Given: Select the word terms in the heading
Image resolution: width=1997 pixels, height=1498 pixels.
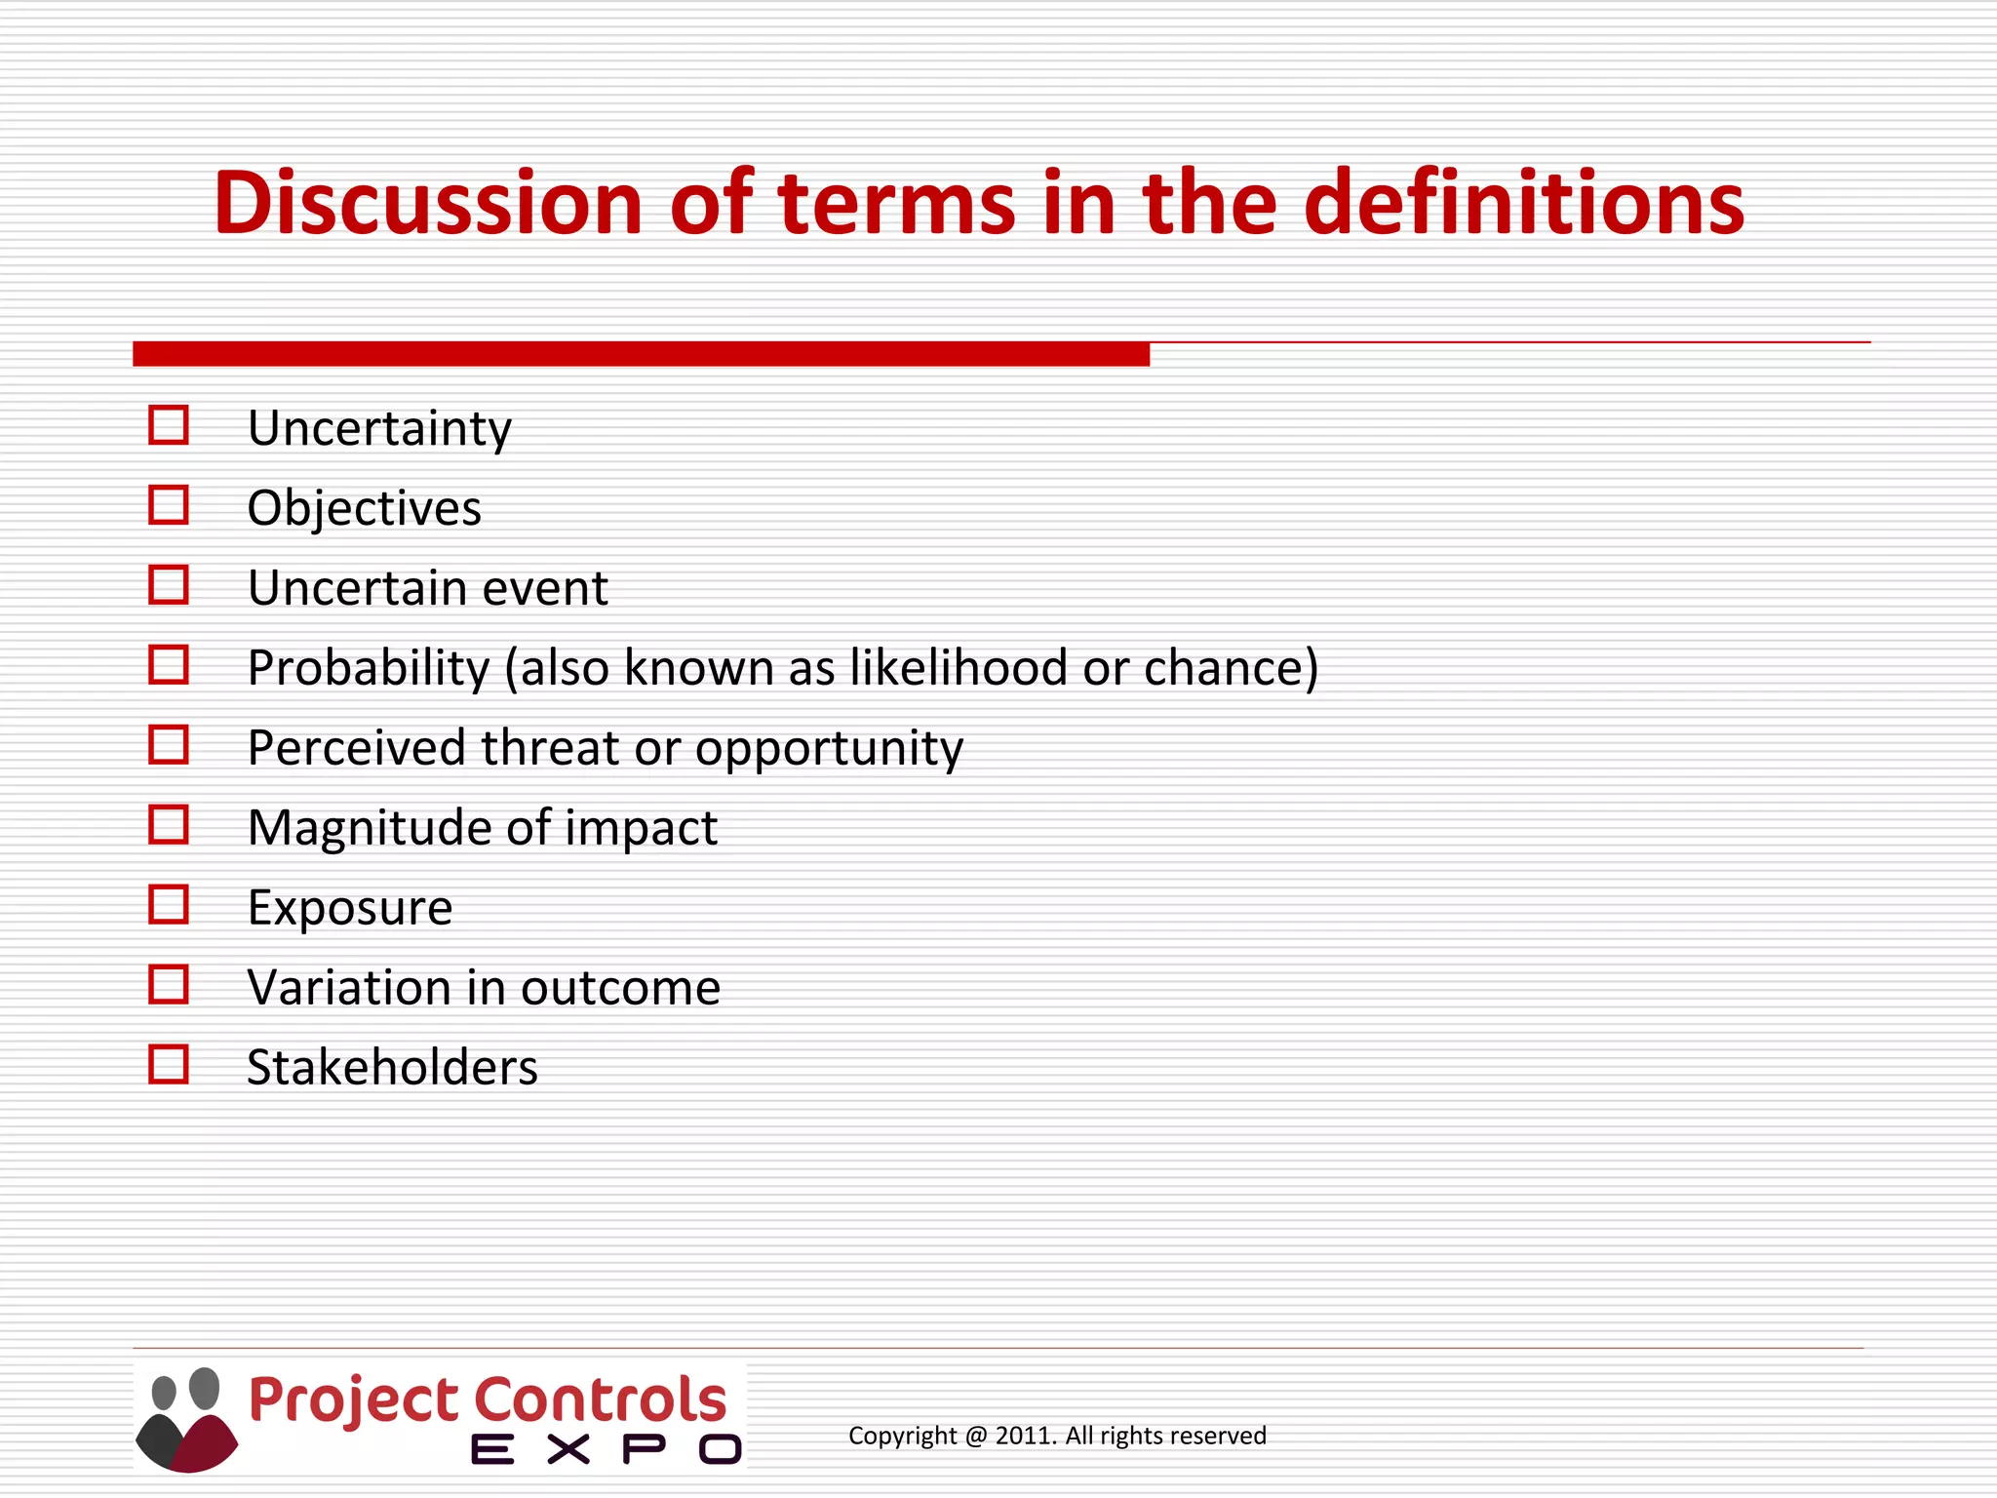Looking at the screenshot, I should click(897, 205).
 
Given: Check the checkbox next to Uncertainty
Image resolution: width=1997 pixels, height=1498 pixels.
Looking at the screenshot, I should click(168, 425).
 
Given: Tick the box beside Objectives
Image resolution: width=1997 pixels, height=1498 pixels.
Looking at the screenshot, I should click(168, 505).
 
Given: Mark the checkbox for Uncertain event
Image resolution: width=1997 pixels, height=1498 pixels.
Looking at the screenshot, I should click(168, 585).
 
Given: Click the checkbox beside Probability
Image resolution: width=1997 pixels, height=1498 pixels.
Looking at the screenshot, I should click(168, 665).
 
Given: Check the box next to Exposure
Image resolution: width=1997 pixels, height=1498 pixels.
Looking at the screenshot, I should click(168, 905).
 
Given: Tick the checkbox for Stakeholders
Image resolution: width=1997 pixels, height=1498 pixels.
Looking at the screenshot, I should click(168, 1065).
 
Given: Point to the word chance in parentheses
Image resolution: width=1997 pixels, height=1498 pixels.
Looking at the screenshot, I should click(1224, 670).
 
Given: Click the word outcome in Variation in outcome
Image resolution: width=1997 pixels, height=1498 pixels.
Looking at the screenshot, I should click(620, 988).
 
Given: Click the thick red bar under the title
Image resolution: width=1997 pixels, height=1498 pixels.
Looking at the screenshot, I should click(641, 354).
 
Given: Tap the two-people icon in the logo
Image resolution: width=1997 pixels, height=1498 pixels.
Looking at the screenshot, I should click(186, 1419).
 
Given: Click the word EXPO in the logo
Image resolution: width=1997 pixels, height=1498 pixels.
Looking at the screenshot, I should click(606, 1449).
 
